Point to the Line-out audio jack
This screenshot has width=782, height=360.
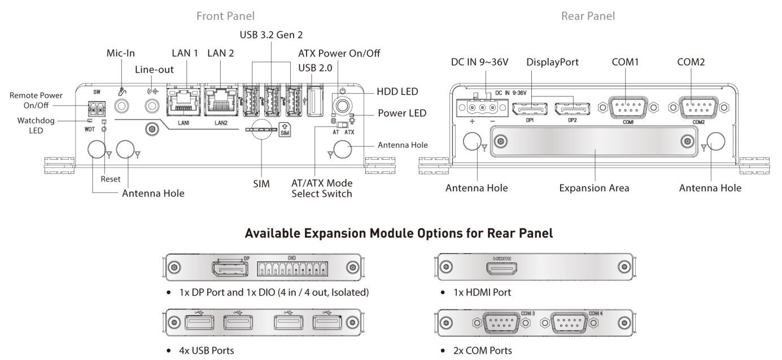tap(151, 106)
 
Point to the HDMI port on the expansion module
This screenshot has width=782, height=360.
tap(503, 267)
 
